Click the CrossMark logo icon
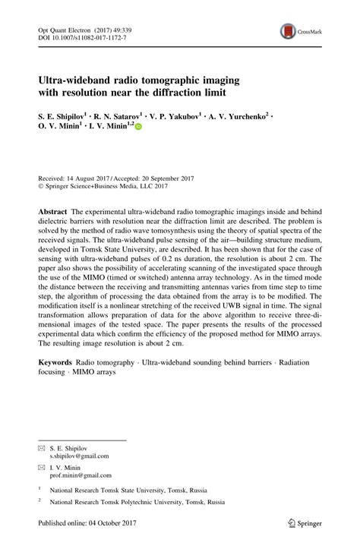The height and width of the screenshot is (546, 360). (x=289, y=32)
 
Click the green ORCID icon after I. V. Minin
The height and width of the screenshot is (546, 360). (x=138, y=128)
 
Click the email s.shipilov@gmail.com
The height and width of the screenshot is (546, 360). (x=80, y=456)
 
